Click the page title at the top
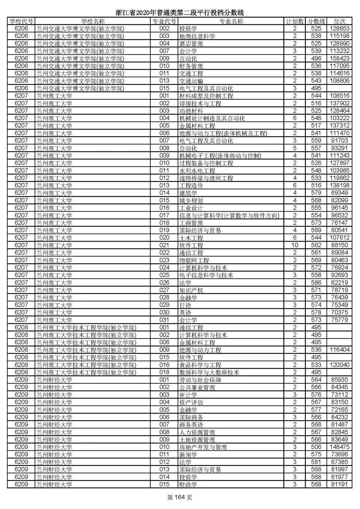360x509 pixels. tap(180, 13)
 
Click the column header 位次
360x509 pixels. tap(339, 21)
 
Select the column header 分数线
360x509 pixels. tap(316, 21)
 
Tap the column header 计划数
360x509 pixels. tap(295, 21)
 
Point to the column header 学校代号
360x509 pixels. tap(21, 21)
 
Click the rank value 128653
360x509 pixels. tap(339, 29)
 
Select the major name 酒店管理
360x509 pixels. tap(191, 44)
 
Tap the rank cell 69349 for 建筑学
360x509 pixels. tap(339, 193)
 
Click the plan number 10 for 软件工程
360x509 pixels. tap(295, 245)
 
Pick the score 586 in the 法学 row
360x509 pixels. tap(316, 282)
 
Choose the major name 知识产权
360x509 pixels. tap(191, 290)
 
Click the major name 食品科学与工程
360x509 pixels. tap(200, 365)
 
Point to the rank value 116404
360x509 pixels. tap(339, 350)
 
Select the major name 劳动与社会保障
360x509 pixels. tap(200, 380)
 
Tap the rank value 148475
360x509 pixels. tap(339, 447)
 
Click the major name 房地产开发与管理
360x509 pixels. tap(203, 447)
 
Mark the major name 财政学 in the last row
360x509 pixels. tap(188, 484)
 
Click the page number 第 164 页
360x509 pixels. tap(180, 498)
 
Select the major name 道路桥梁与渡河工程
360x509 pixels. tap(206, 178)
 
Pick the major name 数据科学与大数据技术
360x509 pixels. tap(209, 372)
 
